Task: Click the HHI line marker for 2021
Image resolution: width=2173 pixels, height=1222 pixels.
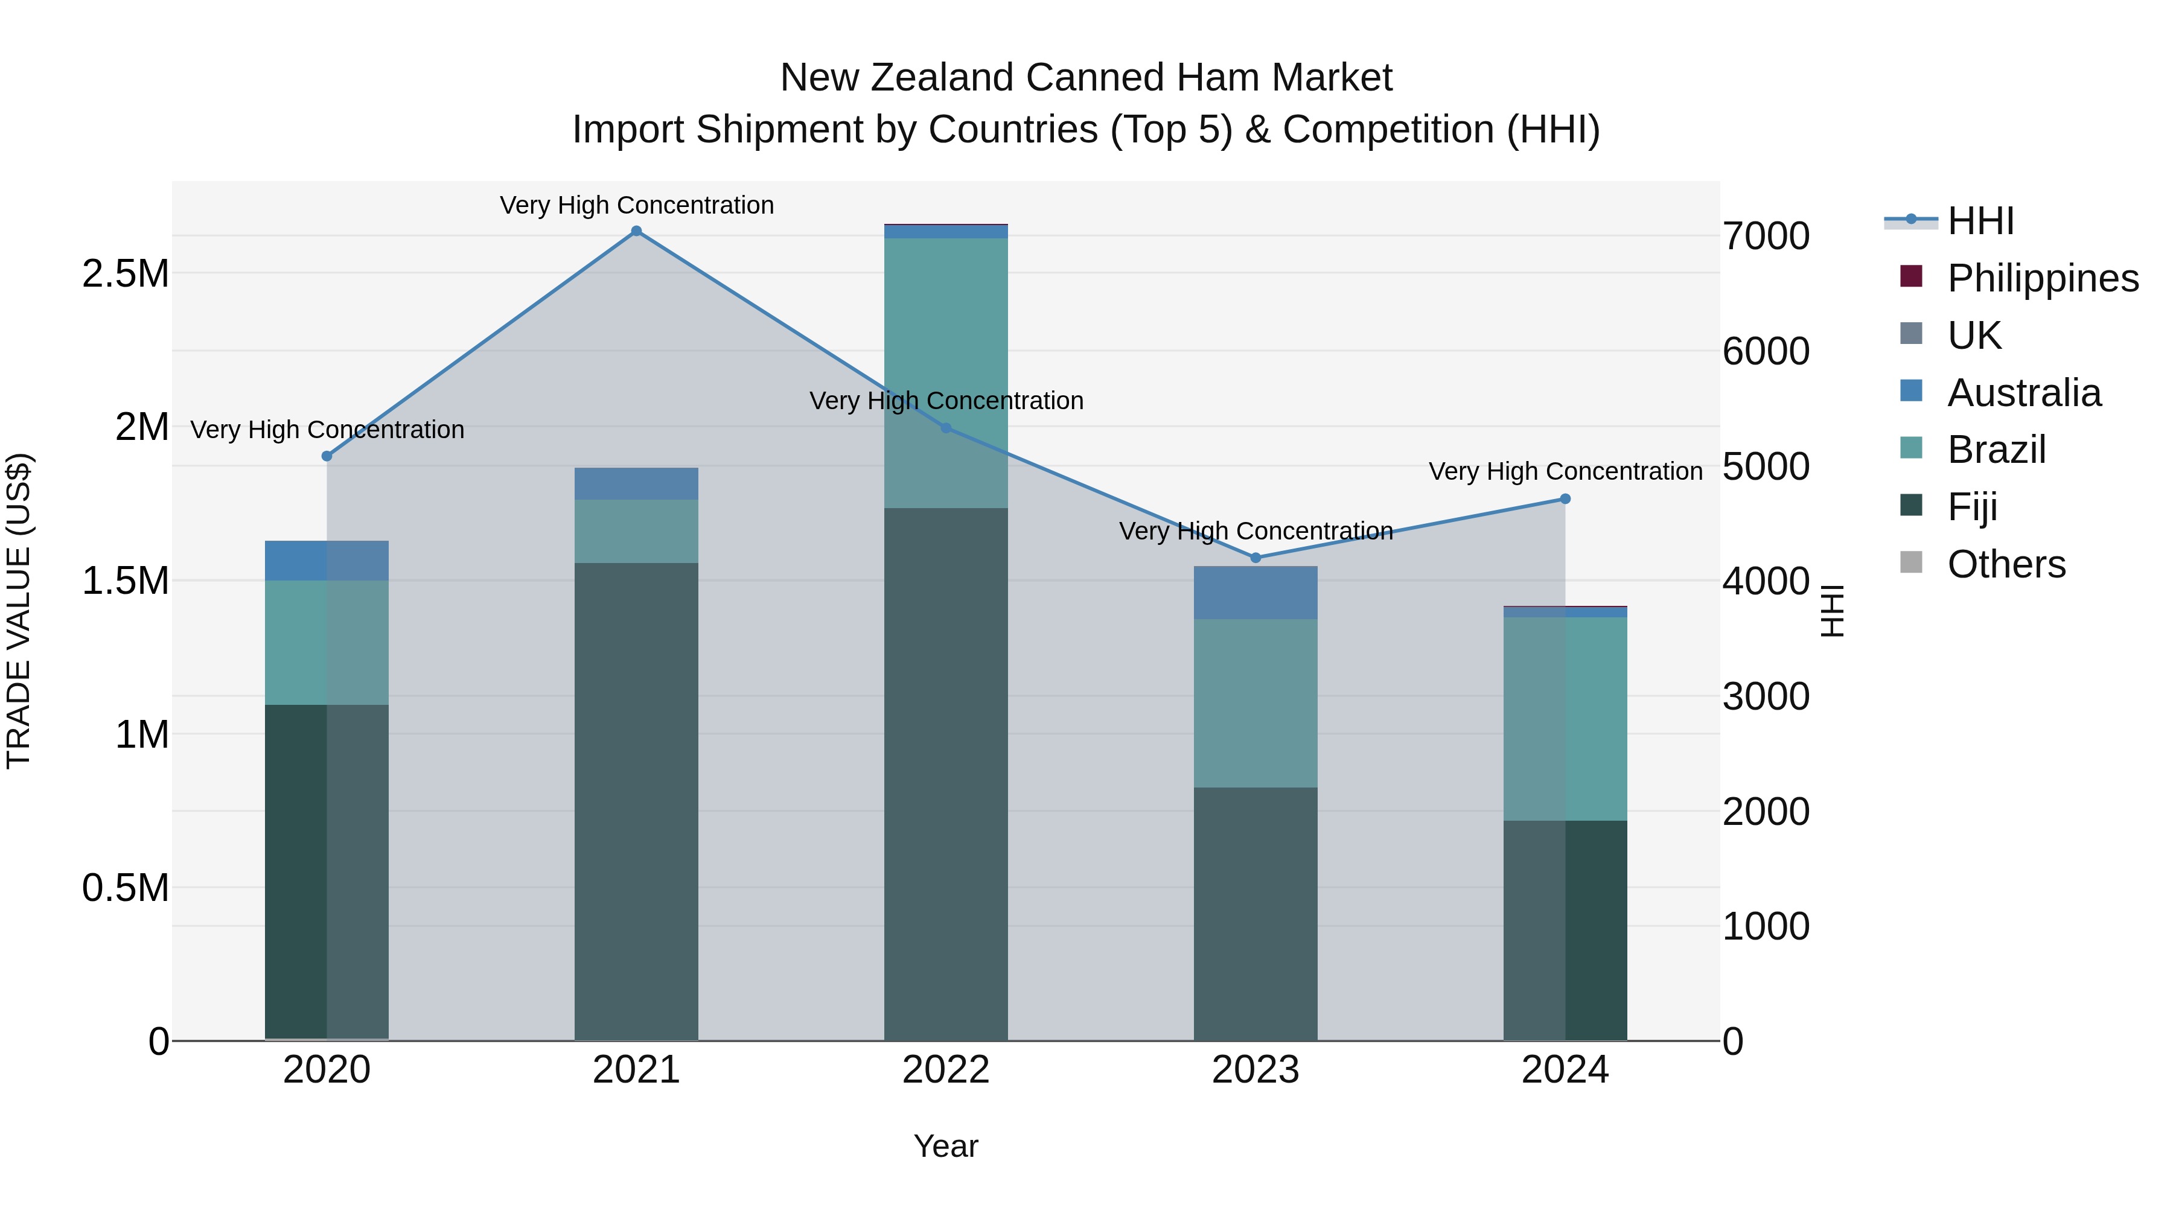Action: tap(636, 231)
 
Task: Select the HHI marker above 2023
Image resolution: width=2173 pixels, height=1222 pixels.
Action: tap(1256, 558)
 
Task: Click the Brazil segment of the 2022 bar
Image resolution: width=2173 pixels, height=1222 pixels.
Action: tap(946, 371)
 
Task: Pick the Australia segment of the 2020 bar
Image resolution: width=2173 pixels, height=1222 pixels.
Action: tap(327, 560)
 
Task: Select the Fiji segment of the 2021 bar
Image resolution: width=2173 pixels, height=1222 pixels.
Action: tap(636, 801)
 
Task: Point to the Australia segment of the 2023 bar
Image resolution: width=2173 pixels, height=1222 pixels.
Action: tap(1256, 593)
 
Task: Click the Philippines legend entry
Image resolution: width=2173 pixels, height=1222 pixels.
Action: tap(2042, 278)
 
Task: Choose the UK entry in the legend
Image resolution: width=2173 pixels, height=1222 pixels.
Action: tap(1974, 336)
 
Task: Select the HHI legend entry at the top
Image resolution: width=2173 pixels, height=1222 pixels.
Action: tap(1980, 221)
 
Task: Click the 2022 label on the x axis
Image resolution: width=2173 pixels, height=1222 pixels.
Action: tap(946, 1070)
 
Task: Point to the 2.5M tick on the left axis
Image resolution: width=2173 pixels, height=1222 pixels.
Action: tap(126, 274)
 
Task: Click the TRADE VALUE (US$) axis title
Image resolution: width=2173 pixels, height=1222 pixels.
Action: tap(19, 611)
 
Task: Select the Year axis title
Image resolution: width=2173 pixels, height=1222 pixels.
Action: tap(946, 1146)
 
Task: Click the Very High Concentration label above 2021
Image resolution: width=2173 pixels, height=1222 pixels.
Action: tap(636, 205)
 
